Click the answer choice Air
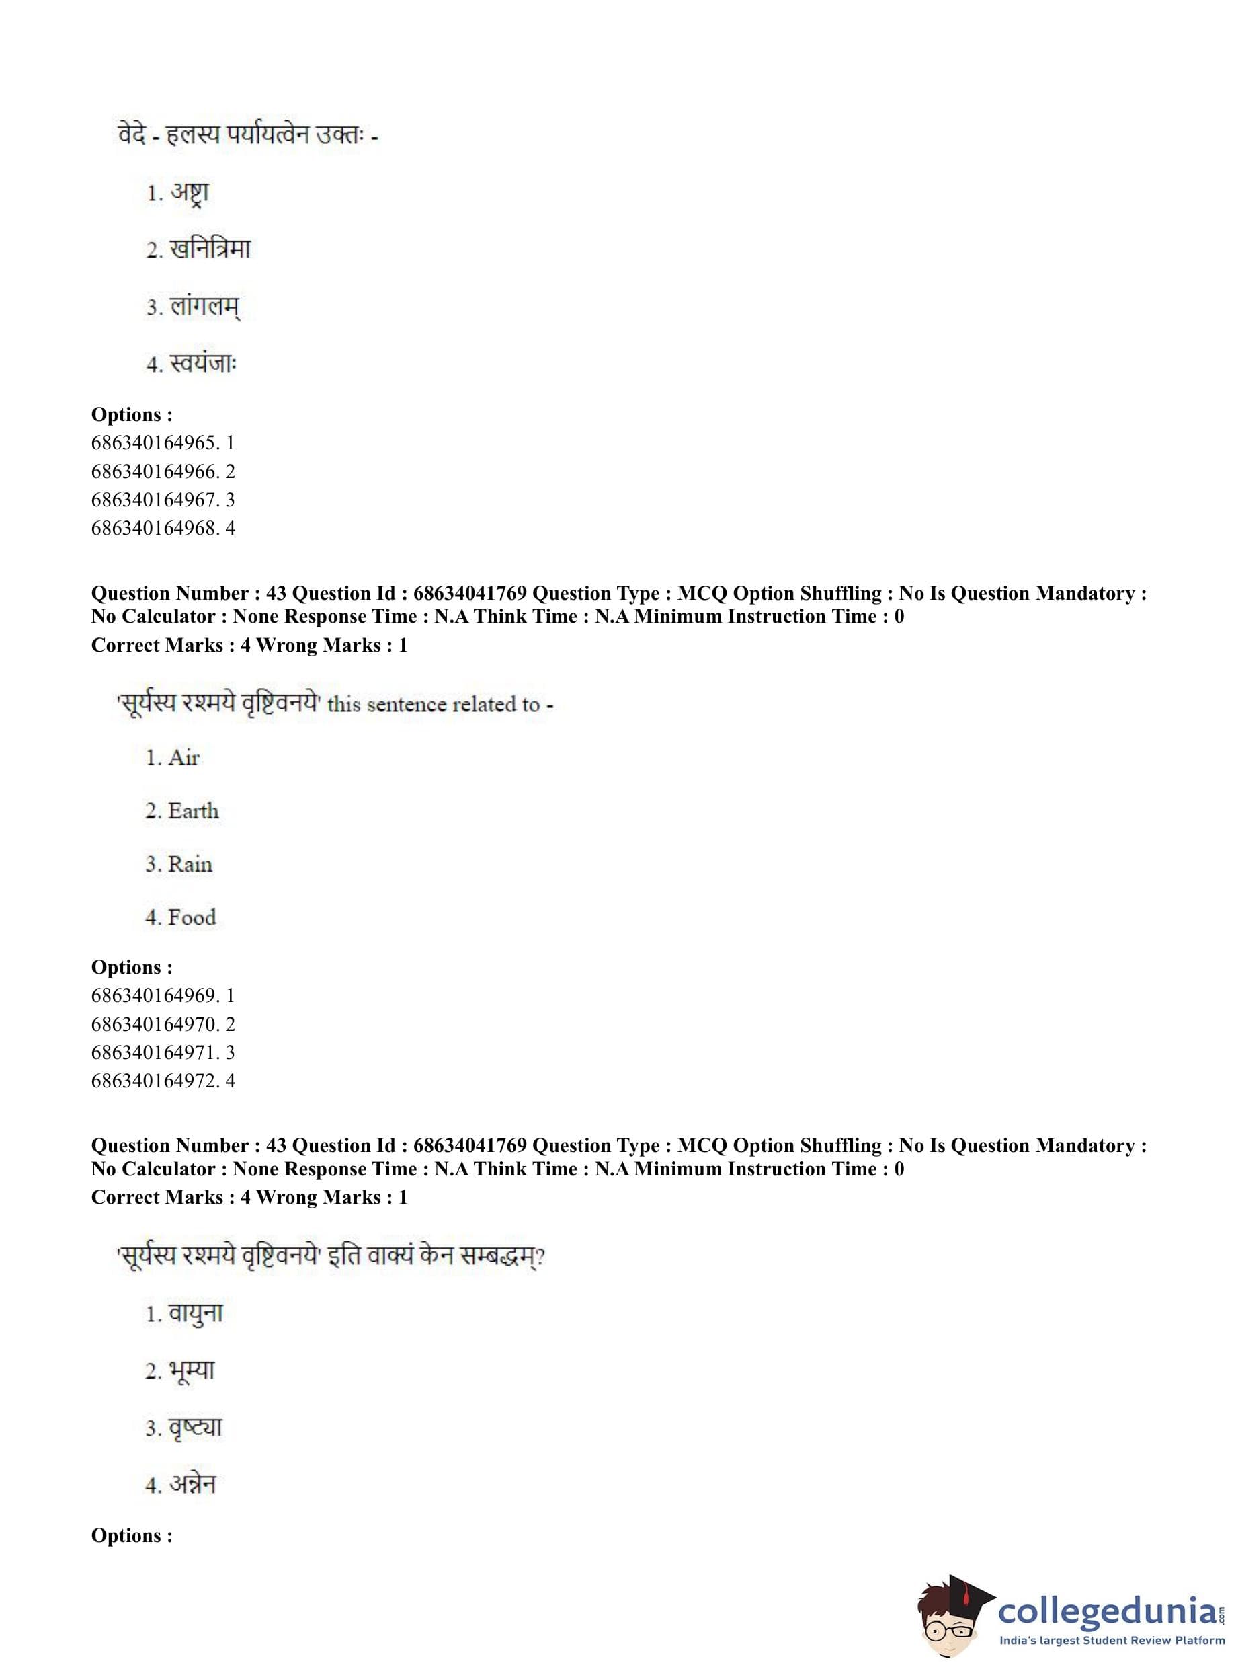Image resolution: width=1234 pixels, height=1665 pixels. [183, 758]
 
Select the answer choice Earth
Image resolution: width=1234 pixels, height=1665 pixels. [193, 812]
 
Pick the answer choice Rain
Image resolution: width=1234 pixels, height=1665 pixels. [190, 865]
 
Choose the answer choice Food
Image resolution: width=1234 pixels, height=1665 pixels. [192, 918]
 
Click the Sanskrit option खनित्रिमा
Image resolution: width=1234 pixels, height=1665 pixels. [210, 249]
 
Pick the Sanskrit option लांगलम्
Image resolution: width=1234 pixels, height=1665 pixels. [205, 307]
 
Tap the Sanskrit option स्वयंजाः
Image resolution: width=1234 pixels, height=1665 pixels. [202, 364]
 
